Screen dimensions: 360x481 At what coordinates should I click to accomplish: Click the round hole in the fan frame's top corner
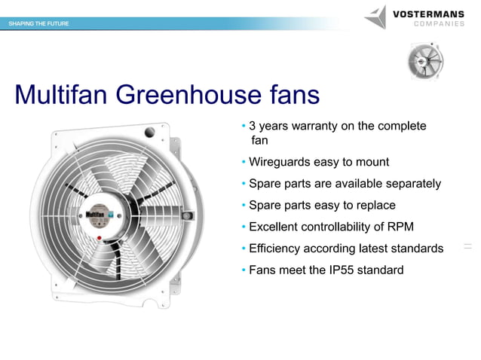point(149,133)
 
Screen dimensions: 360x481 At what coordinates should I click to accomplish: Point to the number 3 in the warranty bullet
point(253,126)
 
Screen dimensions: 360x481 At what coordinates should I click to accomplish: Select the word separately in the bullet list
point(412,184)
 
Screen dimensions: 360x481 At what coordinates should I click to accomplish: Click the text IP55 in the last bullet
point(336,270)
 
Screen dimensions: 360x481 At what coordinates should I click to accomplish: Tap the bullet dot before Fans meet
point(244,270)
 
